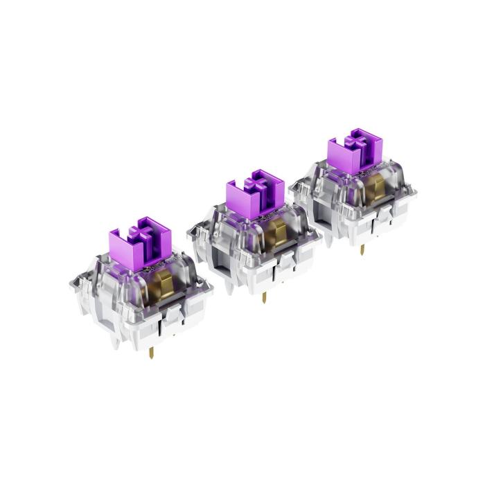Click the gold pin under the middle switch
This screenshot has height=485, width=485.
264,297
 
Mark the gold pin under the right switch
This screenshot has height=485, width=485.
362,249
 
